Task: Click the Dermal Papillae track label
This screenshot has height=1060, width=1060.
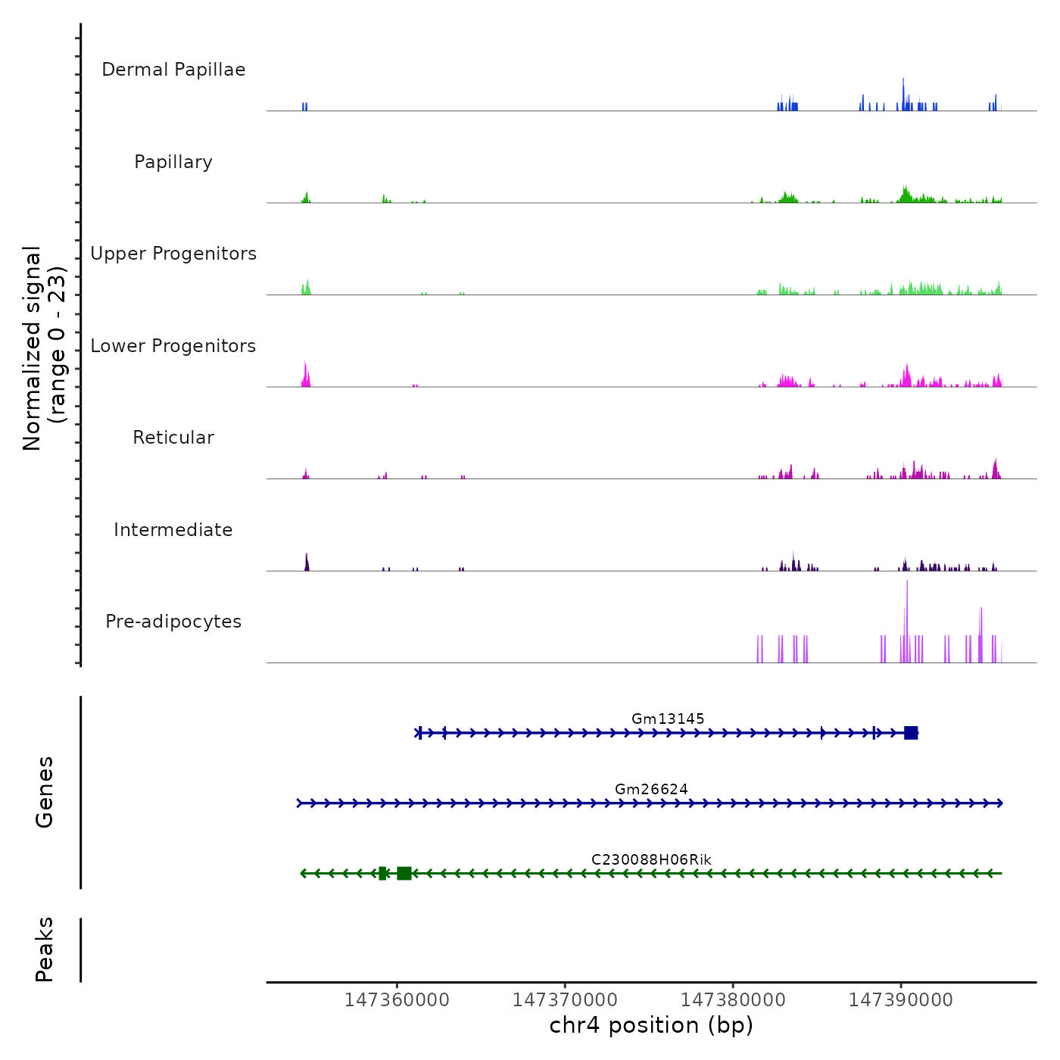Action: coord(173,70)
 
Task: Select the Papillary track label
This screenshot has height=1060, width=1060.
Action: coord(173,162)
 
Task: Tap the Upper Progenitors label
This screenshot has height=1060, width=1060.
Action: coord(173,254)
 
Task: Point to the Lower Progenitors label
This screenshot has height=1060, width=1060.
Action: coord(173,346)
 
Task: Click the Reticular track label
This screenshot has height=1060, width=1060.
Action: coord(173,438)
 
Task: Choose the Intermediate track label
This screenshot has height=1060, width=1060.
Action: coord(173,530)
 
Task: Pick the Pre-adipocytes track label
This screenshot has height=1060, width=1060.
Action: coord(173,622)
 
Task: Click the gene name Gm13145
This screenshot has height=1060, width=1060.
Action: coord(668,719)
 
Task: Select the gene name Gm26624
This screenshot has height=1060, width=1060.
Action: coord(651,789)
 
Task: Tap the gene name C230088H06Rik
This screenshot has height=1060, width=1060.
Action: coord(651,859)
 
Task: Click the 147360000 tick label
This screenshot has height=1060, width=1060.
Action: coord(397,1000)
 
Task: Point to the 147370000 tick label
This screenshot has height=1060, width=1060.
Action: coord(565,1000)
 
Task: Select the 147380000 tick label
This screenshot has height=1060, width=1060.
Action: coord(733,1000)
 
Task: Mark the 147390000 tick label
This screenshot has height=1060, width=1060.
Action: coord(901,1000)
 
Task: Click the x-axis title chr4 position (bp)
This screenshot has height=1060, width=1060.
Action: coord(651,1025)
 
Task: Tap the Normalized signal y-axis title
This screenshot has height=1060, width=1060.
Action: coord(44,348)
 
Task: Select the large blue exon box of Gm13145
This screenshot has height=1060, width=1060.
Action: coord(911,733)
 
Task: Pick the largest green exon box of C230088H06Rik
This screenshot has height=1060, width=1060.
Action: coord(404,874)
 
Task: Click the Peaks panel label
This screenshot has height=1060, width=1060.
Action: coord(44,949)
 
